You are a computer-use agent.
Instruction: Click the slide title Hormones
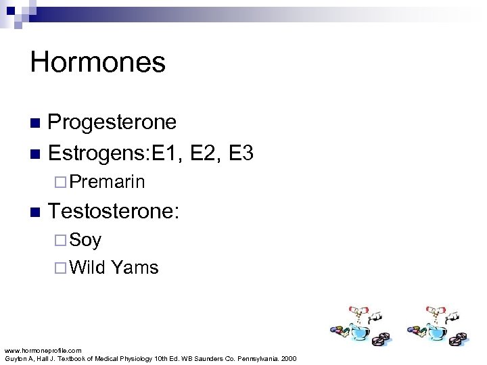click(x=97, y=63)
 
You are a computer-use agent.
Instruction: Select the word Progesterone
click(x=112, y=122)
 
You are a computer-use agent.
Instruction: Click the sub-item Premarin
click(x=107, y=182)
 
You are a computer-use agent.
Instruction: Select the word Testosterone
click(x=112, y=211)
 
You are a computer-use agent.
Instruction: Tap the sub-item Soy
click(x=85, y=239)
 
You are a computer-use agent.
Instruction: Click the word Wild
click(x=88, y=268)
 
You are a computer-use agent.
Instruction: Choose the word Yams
click(x=135, y=268)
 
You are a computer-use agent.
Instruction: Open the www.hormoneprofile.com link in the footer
click(x=43, y=350)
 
